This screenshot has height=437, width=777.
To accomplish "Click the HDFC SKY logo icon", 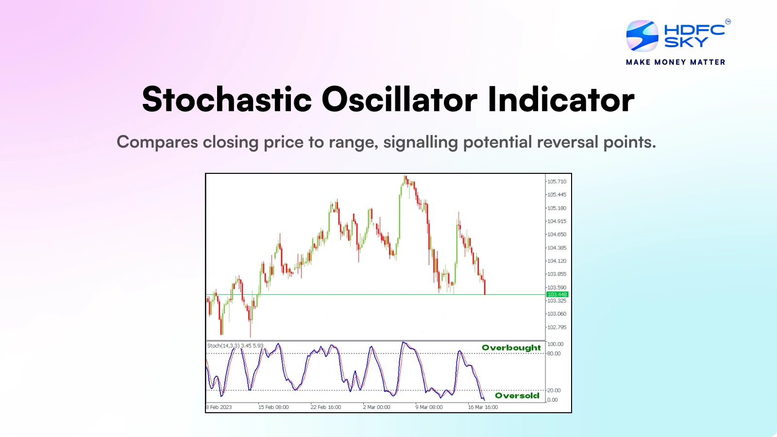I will point(642,36).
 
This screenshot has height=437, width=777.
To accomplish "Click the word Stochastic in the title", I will point(227,100).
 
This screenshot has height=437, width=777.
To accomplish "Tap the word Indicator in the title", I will point(561,100).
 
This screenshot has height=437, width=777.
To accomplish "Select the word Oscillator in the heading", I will point(399,100).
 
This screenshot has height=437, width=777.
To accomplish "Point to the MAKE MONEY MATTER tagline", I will point(676,62).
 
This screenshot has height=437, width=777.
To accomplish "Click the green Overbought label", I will point(511,348).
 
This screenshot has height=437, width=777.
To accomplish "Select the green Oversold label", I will point(517,396).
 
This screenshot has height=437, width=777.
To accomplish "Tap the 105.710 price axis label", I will point(557,182).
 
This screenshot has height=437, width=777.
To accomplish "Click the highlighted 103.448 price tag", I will point(557,295).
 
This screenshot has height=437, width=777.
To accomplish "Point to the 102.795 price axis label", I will point(557,327).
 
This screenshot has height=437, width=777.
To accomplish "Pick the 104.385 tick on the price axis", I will point(557,248).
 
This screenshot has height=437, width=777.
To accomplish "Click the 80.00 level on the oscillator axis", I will point(554,353).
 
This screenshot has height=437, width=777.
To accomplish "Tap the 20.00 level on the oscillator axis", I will point(554,390).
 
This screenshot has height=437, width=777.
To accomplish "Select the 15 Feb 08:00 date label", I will point(273,407).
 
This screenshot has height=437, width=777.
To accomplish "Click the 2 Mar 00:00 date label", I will point(376,407).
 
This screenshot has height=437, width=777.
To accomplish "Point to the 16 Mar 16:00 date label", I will point(483,407).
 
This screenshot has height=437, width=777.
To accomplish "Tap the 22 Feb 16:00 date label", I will point(326,407).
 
